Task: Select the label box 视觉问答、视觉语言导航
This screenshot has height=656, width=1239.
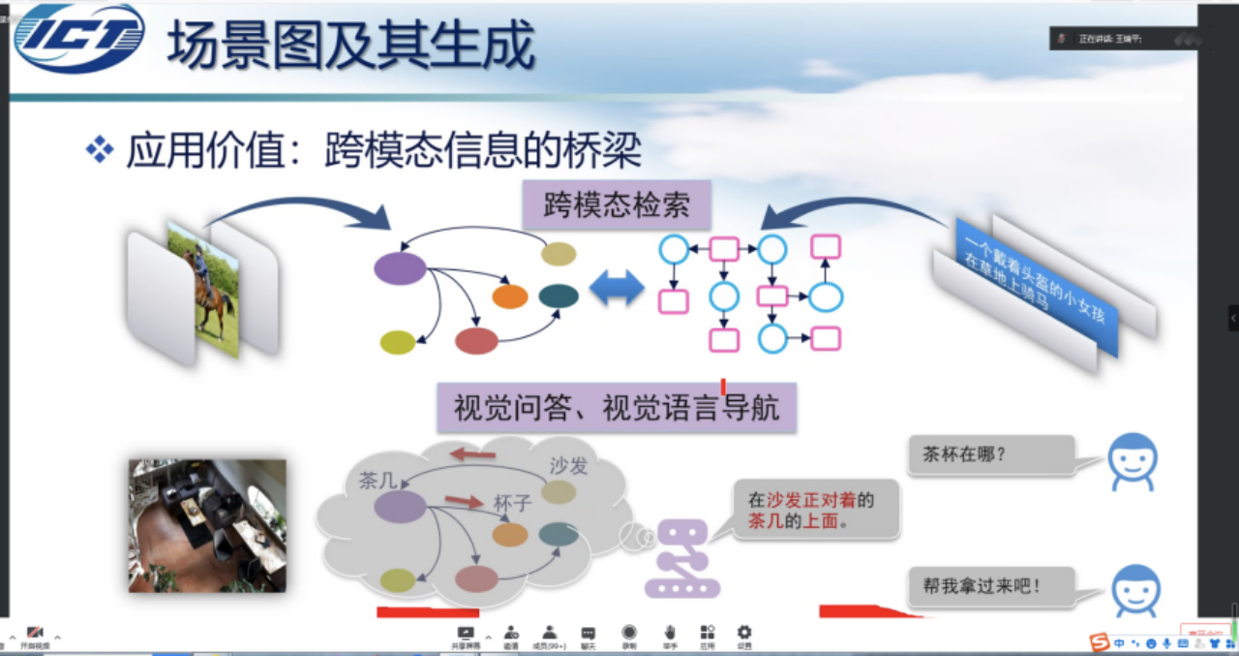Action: point(617,408)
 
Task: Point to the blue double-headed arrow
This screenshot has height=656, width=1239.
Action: point(617,288)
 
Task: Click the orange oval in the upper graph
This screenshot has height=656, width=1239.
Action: point(510,297)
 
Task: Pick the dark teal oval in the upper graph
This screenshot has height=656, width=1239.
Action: point(559,296)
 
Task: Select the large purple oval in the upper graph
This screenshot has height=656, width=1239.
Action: point(400,268)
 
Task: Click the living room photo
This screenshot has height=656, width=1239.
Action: point(207,525)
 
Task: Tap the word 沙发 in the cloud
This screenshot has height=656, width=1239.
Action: point(568,466)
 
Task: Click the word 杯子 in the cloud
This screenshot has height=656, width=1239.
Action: point(514,504)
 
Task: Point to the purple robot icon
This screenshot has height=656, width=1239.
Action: point(682,559)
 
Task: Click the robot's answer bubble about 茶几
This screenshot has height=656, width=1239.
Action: point(816,511)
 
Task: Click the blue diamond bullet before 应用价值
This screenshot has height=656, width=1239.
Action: point(100,149)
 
